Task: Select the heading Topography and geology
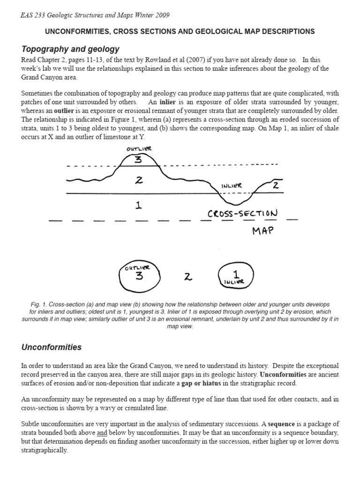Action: tap(70, 49)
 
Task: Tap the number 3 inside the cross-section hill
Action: tap(138, 159)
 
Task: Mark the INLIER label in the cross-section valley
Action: tap(232, 185)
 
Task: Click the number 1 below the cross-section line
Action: tap(139, 205)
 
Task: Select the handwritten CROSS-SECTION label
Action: tap(242, 214)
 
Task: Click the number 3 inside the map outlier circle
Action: tap(139, 276)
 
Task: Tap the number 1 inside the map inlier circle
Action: tap(236, 273)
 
